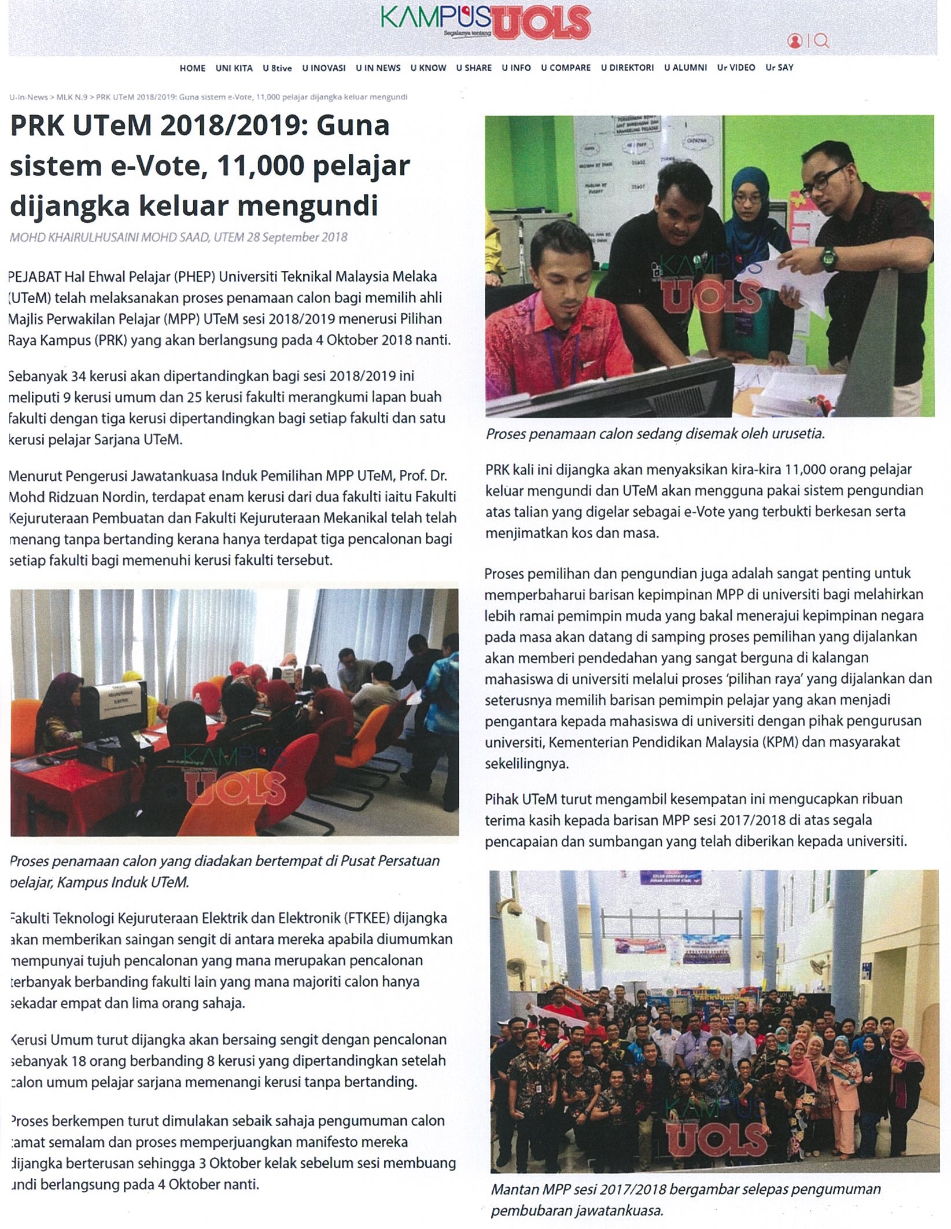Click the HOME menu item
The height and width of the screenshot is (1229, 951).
192,68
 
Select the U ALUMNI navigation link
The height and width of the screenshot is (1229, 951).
685,68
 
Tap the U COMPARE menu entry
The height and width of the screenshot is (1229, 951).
565,68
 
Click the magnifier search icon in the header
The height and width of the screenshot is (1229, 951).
821,41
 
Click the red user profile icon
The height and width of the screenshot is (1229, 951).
795,41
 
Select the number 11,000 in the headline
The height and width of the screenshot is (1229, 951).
260,166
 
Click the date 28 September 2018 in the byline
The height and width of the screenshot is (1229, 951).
297,237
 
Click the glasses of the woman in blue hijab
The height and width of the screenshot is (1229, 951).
748,198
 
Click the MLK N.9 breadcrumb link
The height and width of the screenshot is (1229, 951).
72,97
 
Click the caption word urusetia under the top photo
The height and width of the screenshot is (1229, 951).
798,434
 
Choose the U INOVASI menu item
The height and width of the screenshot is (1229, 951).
323,68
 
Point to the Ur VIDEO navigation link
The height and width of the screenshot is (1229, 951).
736,68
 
